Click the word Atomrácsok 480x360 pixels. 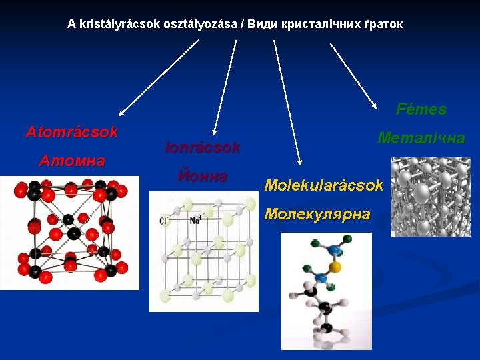click(72, 132)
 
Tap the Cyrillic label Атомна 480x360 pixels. click(72, 161)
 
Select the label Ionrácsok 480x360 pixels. click(203, 148)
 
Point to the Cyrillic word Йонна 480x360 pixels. click(203, 177)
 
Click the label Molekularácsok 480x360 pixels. click(324, 185)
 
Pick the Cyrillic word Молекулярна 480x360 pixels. click(317, 214)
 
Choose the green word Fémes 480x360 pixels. click(421, 109)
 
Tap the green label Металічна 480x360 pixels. click(421, 138)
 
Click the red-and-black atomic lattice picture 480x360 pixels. click(69, 233)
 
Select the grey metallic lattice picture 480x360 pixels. click(431, 197)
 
